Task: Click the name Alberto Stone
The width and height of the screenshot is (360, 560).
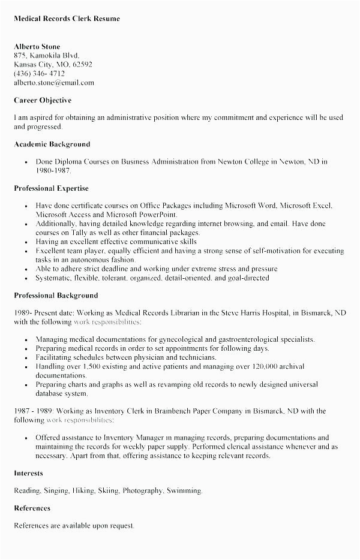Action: (37, 47)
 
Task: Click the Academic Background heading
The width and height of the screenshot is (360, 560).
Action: (52, 144)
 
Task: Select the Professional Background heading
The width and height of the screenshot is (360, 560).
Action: (56, 296)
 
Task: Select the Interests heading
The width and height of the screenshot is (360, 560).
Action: (29, 473)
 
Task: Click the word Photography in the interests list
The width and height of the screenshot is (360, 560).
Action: (146, 490)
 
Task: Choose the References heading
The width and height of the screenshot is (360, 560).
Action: (32, 508)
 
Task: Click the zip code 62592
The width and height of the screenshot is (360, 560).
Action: (82, 65)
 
